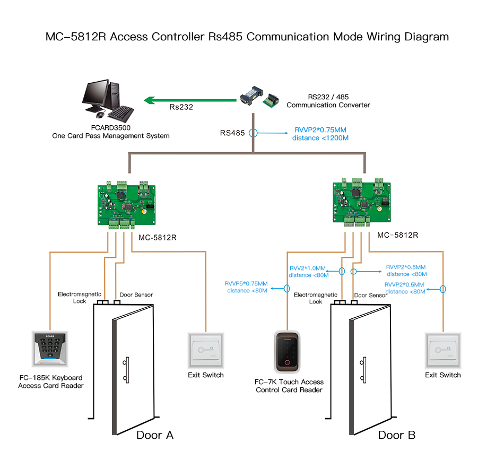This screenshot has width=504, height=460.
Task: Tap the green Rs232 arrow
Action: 191,99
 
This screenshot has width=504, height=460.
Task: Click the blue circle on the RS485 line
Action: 254,133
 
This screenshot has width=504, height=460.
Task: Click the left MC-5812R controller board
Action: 127,203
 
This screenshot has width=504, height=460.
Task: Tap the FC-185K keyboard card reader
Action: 50,349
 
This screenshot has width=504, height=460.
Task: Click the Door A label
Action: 155,436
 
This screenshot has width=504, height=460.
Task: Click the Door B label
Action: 397,436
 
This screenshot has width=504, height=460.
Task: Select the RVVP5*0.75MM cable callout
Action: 246,287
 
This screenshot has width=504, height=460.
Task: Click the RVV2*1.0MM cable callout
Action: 308,272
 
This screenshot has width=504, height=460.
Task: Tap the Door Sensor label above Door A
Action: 136,295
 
